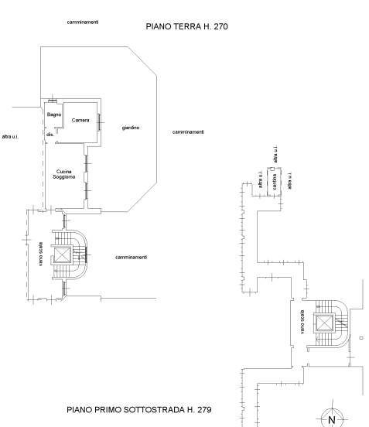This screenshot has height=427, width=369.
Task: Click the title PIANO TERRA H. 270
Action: [186, 26]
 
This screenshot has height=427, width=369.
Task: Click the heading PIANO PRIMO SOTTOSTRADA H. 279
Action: [139, 409]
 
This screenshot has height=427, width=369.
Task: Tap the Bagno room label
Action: [54, 114]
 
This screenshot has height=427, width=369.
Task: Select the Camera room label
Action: [80, 120]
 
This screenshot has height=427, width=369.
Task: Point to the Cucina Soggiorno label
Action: [64, 174]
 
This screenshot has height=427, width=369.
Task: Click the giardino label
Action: [131, 128]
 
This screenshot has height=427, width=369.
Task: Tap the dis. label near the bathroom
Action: [50, 135]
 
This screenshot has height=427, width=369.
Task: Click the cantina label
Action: [274, 182]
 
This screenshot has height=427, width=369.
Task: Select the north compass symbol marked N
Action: [332, 419]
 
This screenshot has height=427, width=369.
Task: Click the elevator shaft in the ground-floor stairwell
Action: [63, 255]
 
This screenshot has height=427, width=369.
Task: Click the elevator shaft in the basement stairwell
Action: [323, 323]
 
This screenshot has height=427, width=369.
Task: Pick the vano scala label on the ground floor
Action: [40, 254]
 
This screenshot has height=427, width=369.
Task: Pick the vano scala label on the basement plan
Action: [302, 322]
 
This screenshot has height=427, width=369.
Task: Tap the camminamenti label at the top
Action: [83, 22]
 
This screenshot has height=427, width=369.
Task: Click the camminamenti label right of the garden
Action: [188, 132]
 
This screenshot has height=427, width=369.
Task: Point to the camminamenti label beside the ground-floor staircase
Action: [132, 257]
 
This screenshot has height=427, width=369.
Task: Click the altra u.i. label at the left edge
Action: [10, 137]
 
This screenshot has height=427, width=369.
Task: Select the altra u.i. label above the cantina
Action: [275, 154]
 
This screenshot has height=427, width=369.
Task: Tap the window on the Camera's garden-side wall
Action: [99, 122]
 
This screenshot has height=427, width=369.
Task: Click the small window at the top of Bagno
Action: [53, 101]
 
